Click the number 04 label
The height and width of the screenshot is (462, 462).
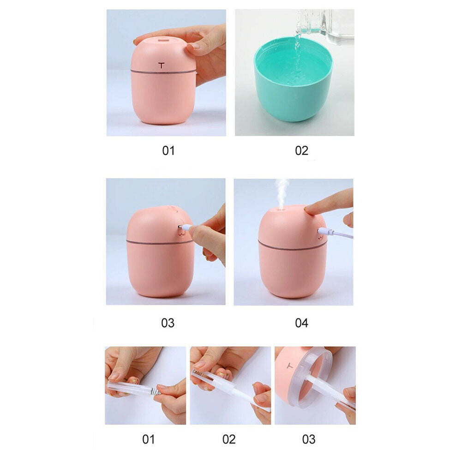(301, 323)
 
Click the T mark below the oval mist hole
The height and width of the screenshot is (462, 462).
(161, 65)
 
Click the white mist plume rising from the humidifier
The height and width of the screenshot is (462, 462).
(281, 192)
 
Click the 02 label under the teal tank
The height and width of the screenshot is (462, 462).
(301, 150)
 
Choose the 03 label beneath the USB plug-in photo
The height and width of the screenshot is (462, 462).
(168, 323)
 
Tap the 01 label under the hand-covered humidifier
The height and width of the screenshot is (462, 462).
(168, 150)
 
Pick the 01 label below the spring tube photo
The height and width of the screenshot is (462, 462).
(148, 439)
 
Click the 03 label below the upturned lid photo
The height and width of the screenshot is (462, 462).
(309, 439)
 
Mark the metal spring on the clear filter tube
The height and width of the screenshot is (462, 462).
(155, 391)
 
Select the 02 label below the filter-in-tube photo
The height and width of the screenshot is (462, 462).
(229, 439)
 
